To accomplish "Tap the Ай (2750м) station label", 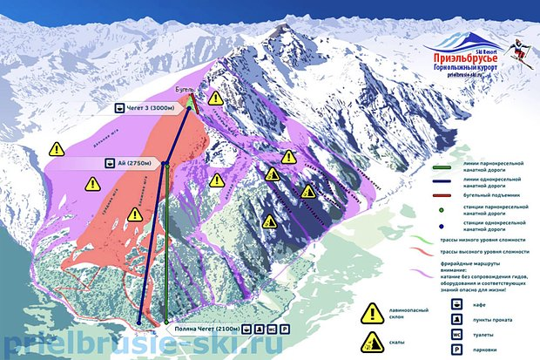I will click(x=128, y=162).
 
